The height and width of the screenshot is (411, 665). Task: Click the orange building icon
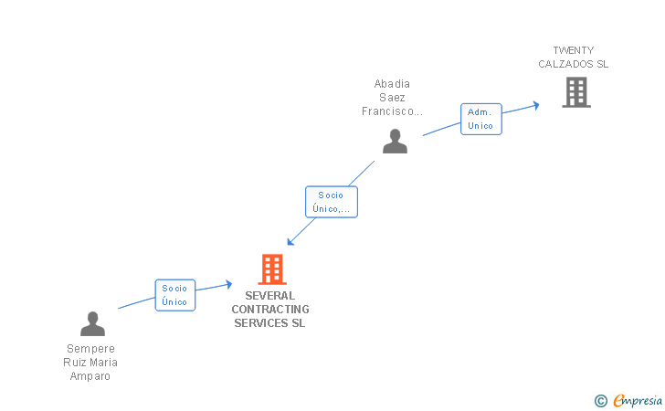[272, 269]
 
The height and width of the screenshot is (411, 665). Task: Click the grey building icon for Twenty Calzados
[575, 92]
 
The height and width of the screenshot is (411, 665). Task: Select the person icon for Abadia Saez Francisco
[395, 141]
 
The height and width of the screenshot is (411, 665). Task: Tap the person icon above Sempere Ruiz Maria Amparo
[92, 324]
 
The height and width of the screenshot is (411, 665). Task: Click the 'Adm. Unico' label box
[480, 119]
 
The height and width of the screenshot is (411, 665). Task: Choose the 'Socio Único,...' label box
[331, 202]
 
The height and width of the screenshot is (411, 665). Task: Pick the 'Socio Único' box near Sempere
[174, 295]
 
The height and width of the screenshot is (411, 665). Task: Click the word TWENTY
[574, 50]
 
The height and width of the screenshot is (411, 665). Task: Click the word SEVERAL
[269, 296]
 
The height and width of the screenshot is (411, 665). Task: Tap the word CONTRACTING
[270, 310]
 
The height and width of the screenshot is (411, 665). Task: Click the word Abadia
[392, 84]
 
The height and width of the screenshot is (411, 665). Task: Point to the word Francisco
[391, 111]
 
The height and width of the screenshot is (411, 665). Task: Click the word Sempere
[90, 349]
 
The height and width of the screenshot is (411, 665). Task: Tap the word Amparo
[90, 376]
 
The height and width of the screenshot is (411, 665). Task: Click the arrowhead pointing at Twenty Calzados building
[536, 104]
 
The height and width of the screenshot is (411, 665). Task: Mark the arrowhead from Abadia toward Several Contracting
[290, 242]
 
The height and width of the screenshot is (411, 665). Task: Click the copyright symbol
[600, 400]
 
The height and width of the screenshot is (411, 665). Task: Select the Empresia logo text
[638, 400]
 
